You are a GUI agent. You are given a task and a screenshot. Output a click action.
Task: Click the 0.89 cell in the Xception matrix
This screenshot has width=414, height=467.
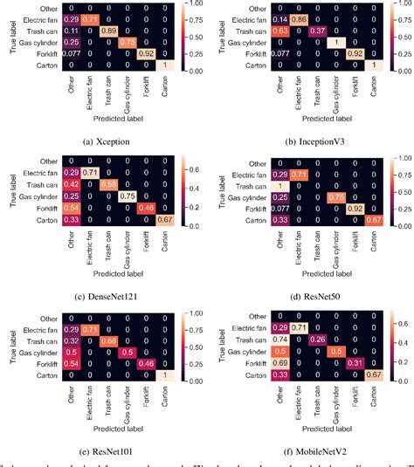(x=107, y=30)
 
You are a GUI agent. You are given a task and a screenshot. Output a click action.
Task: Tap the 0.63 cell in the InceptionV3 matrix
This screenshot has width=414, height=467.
(x=282, y=30)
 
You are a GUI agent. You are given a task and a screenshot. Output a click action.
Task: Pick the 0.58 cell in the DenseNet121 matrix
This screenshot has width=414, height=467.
(x=107, y=184)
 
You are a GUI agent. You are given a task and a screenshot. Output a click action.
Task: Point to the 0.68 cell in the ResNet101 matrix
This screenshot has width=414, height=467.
(x=107, y=339)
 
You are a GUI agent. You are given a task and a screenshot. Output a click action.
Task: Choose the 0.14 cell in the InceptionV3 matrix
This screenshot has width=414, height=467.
(x=282, y=17)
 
